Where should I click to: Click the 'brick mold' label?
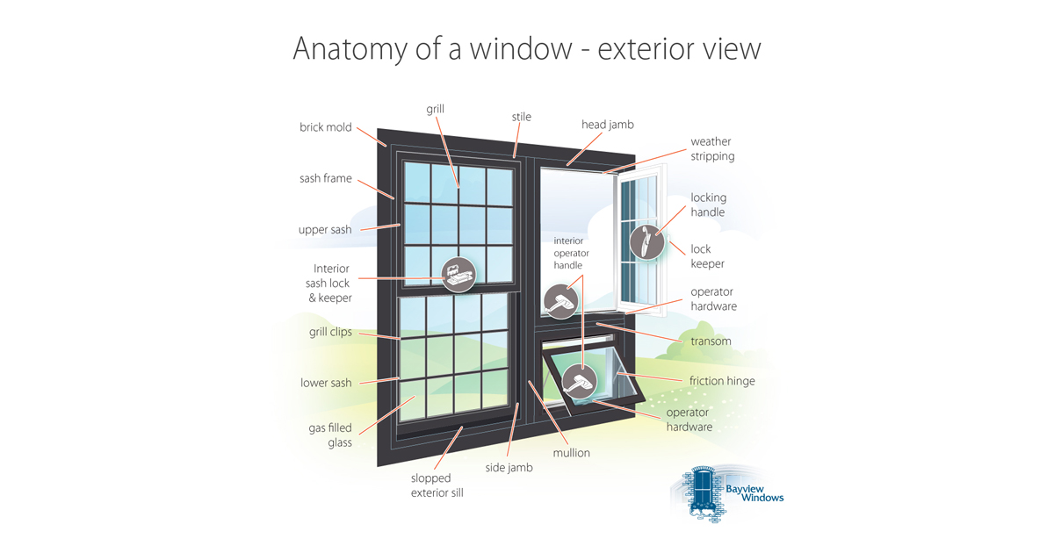[x=326, y=127]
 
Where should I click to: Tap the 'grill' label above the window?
[x=436, y=110]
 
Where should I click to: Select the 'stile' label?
[x=522, y=117]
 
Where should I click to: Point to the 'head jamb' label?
[x=608, y=125]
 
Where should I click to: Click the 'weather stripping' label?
[x=712, y=148]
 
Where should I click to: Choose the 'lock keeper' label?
[x=707, y=256]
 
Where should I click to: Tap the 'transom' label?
[x=711, y=341]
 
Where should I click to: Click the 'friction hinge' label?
[x=722, y=381]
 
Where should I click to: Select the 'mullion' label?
[x=571, y=453]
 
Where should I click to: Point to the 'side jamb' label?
[x=509, y=468]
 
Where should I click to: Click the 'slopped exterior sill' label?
[x=437, y=485]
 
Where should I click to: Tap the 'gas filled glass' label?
[x=330, y=435]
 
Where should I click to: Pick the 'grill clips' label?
[x=330, y=332]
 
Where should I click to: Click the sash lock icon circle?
[x=458, y=275]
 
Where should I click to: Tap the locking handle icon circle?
[x=647, y=242]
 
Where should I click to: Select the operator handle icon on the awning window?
[x=580, y=381]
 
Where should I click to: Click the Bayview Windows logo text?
[x=754, y=493]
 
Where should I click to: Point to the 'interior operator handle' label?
[x=571, y=253]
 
